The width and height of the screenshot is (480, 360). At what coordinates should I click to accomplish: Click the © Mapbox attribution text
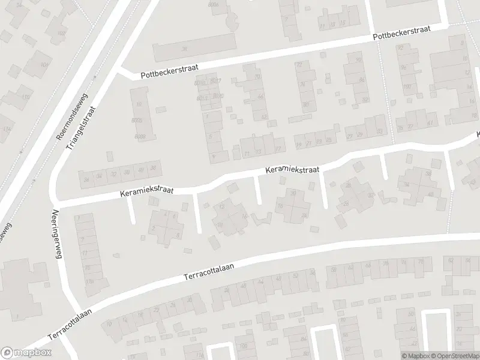(x=415, y=356)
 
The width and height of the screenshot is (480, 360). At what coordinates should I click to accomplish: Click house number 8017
(x=216, y=81)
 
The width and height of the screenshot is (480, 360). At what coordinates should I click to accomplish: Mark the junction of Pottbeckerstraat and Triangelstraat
(x=119, y=73)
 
